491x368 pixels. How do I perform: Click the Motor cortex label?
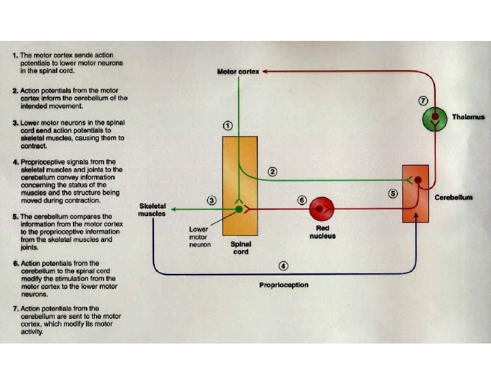click(x=238, y=71)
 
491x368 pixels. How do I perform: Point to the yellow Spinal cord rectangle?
click(x=239, y=184)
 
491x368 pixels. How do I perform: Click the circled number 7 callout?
click(x=423, y=100)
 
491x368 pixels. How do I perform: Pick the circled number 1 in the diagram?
click(x=227, y=126)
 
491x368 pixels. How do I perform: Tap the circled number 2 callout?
click(x=272, y=172)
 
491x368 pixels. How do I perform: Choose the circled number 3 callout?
click(x=212, y=200)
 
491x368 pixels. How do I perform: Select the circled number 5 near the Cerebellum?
click(x=393, y=193)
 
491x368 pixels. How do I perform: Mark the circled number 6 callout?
click(x=302, y=200)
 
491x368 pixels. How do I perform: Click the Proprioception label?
click(x=284, y=285)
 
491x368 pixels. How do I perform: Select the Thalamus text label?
click(x=468, y=117)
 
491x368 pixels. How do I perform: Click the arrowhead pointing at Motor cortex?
click(x=266, y=71)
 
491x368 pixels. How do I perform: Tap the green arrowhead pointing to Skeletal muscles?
click(x=174, y=209)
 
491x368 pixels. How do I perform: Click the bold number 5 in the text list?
click(x=15, y=217)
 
